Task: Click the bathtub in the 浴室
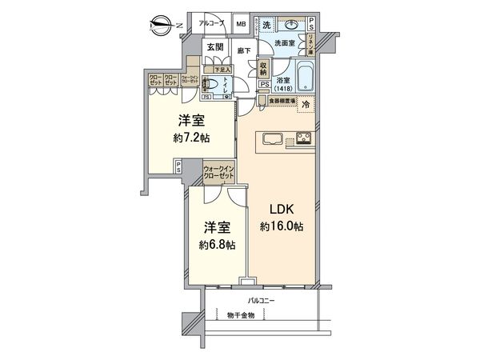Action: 306,78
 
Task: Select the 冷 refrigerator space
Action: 305,104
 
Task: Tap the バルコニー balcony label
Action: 261,300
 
